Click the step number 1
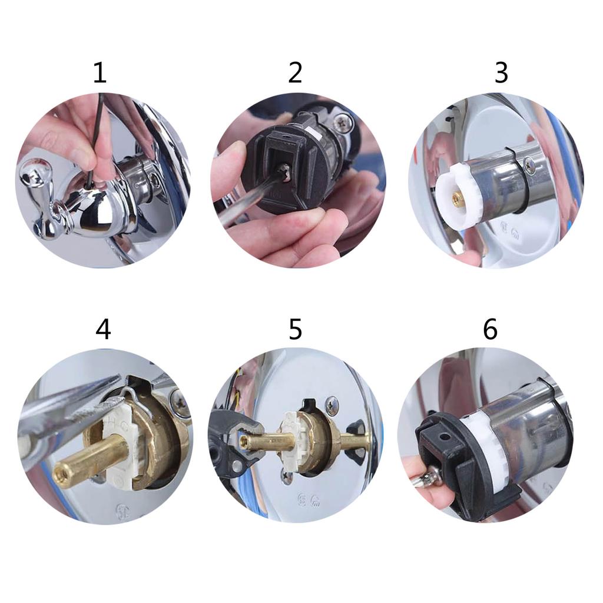pos(100,73)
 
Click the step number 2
pos(295,73)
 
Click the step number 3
pos(501,73)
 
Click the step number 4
pos(103,329)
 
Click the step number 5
pos(295,329)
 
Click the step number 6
pos(490,329)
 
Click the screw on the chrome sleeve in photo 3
pos(530,167)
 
